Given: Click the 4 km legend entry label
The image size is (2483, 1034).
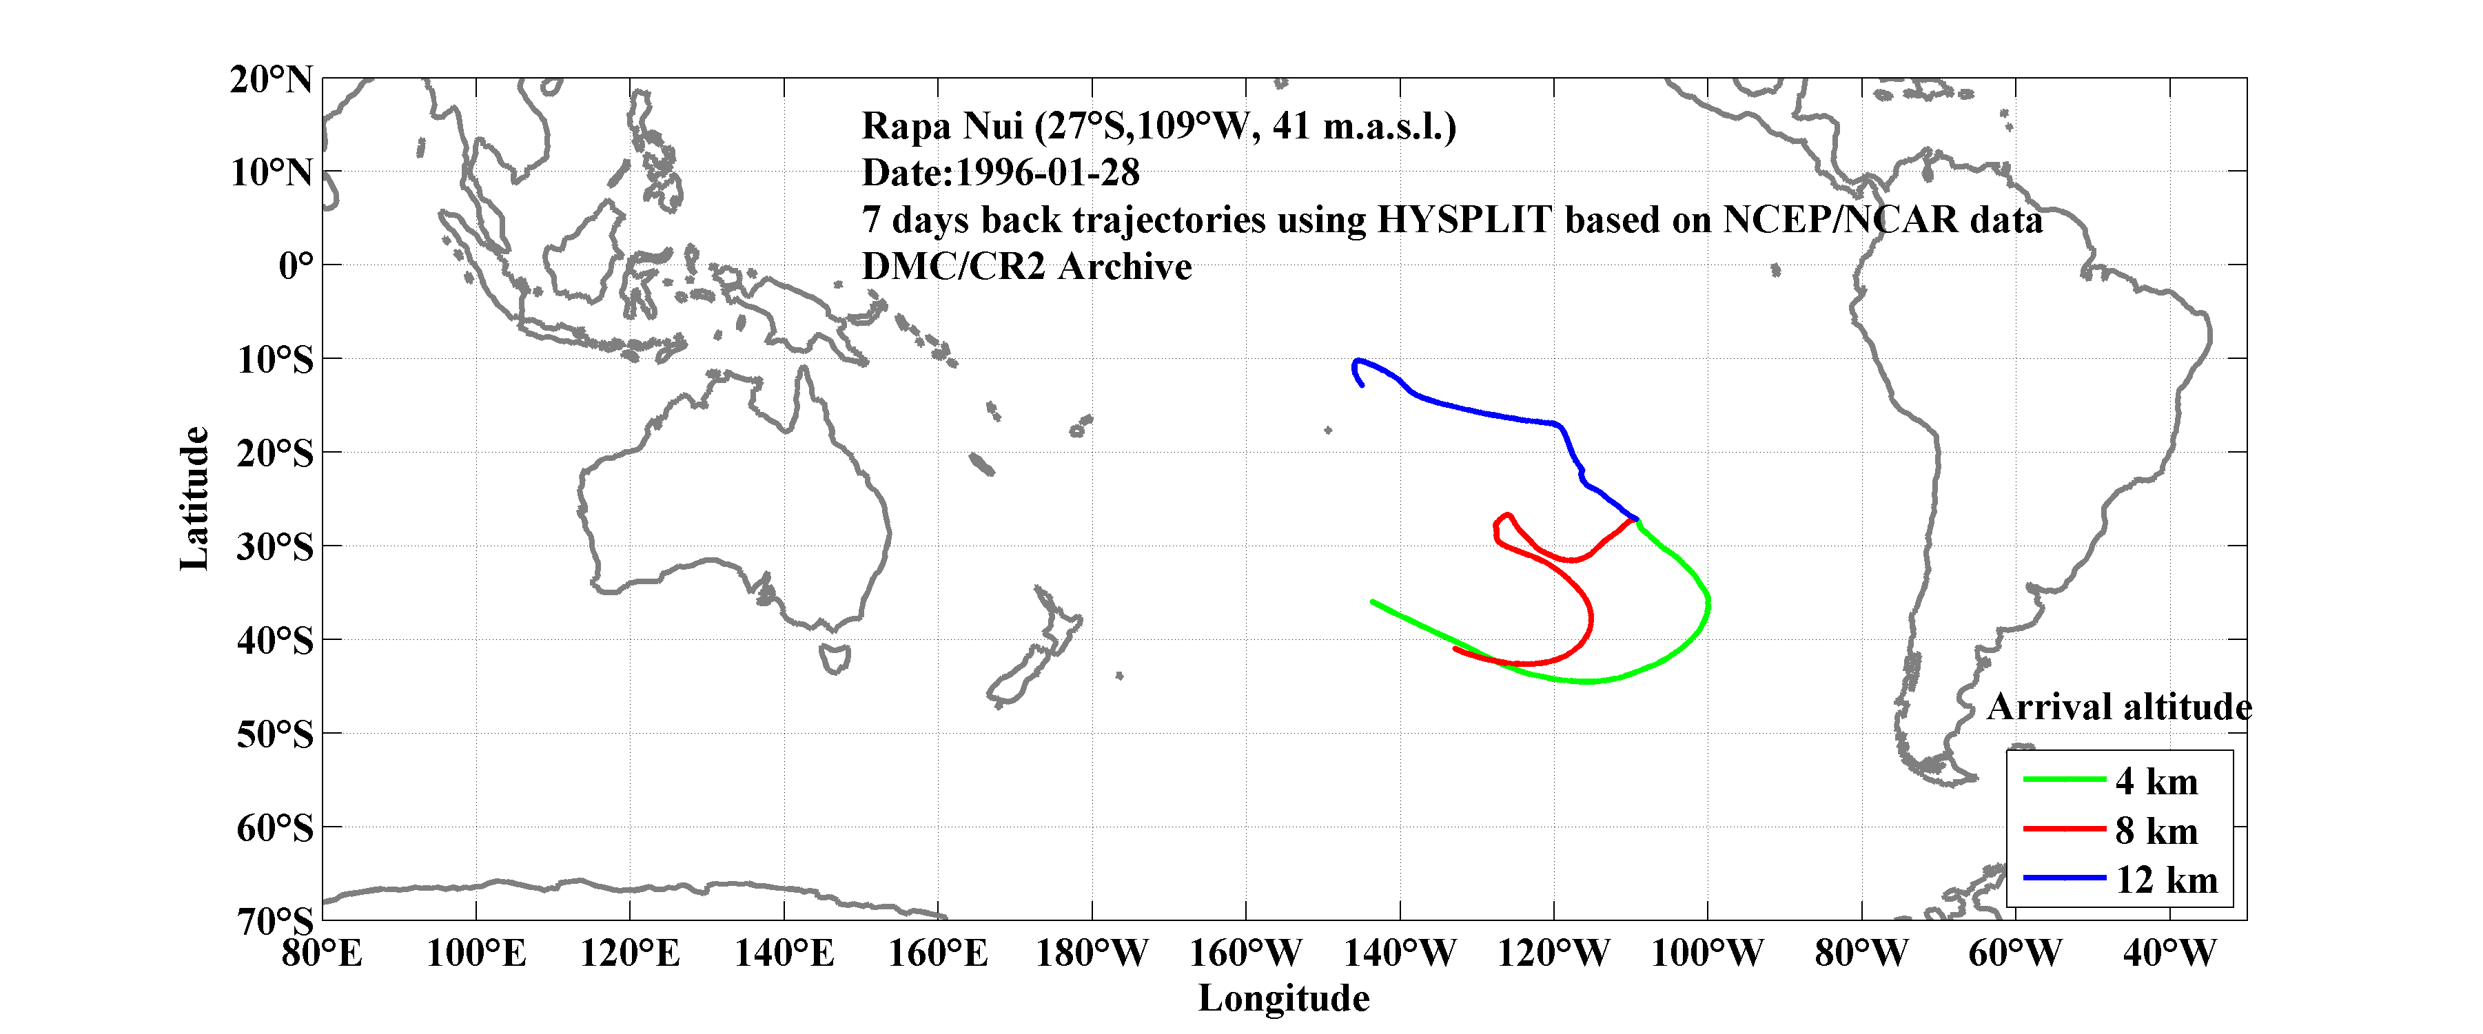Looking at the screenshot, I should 2156,781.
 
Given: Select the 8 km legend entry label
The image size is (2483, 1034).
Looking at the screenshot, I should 2156,831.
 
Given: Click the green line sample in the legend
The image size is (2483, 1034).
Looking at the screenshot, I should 2064,778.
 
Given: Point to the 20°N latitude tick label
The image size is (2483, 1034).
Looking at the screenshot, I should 271,80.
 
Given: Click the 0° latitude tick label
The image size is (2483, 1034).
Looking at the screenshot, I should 295,266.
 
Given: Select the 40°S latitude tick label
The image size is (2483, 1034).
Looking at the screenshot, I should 275,640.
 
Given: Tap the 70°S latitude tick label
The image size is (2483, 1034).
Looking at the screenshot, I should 275,920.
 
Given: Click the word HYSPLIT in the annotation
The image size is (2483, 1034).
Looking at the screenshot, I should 1463,220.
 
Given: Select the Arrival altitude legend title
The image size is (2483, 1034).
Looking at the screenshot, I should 2118,707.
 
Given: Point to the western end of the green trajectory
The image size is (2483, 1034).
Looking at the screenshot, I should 1373,601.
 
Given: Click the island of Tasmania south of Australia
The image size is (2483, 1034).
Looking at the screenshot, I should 835,659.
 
